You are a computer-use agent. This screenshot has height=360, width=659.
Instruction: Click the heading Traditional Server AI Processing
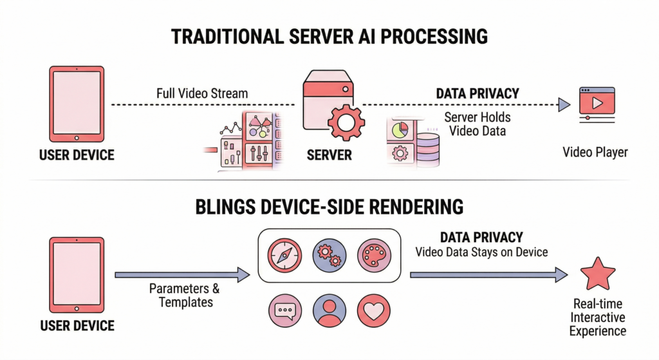pos(329,36)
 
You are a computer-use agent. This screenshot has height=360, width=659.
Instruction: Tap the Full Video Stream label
pos(202,93)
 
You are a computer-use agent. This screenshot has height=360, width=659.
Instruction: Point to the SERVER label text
pos(329,155)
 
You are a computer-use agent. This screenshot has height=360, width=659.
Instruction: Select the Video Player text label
pos(595,153)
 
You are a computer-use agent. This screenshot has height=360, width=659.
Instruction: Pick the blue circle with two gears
pos(329,256)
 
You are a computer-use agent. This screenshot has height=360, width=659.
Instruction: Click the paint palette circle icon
pos(374,256)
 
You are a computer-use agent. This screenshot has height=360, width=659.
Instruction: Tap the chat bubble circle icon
pos(284,311)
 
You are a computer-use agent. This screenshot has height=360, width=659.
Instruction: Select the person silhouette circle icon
pos(329,311)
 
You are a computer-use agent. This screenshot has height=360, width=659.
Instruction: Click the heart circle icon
pos(374,311)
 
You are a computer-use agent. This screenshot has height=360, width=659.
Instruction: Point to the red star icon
pos(596,274)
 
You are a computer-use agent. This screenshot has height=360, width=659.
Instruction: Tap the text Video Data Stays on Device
pos(481,252)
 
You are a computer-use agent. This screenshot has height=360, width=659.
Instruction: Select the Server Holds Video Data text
pos(478,124)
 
